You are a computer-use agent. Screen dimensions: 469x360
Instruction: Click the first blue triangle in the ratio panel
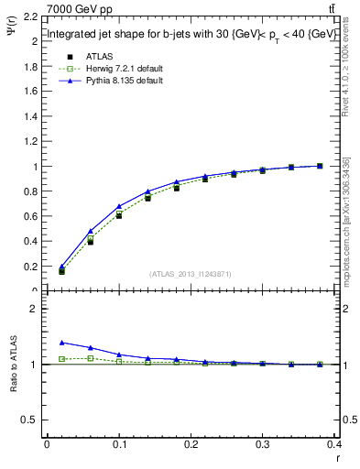pos(62,342)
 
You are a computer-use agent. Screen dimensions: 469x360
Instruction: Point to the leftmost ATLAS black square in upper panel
pos(62,271)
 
